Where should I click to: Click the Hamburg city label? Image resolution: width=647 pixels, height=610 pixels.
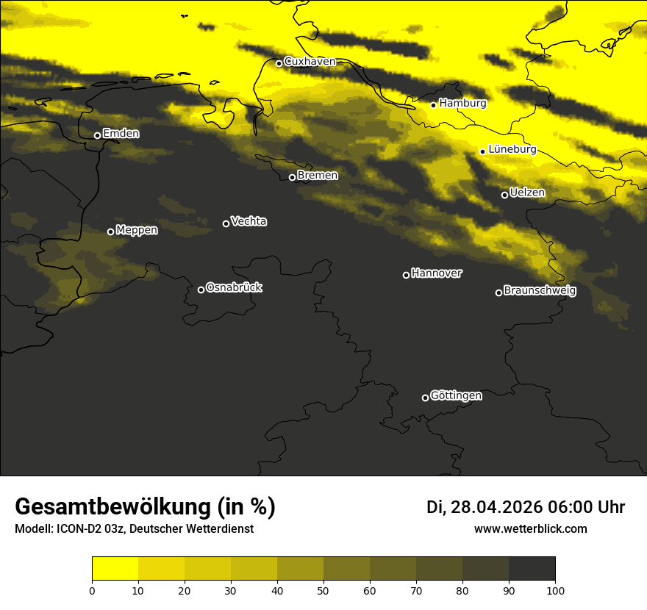[462, 104]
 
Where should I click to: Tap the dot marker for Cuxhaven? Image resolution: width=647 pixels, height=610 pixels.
[279, 63]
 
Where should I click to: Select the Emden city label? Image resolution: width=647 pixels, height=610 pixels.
[121, 134]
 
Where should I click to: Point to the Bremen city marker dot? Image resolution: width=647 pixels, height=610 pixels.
[292, 177]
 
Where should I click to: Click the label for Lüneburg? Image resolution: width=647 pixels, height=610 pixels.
[512, 150]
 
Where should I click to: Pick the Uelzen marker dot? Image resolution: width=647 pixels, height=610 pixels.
[504, 195]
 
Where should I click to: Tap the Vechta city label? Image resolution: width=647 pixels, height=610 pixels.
[249, 221]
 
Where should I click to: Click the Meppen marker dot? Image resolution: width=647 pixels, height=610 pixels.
[110, 232]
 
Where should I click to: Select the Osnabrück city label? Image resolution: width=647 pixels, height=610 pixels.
[234, 288]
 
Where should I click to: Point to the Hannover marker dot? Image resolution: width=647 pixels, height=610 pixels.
[406, 275]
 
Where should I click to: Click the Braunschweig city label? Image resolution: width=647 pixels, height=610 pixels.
[540, 291]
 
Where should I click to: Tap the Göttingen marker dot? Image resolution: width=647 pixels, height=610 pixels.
[425, 398]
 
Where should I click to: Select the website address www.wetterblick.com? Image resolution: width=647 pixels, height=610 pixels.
[530, 529]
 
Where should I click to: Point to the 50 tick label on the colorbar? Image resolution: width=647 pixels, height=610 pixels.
[323, 590]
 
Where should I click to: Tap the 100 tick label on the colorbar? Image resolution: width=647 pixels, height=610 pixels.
[555, 590]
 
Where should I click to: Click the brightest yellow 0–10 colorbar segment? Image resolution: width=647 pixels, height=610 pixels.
[115, 569]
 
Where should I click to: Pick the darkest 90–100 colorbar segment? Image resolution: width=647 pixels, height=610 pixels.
[532, 569]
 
